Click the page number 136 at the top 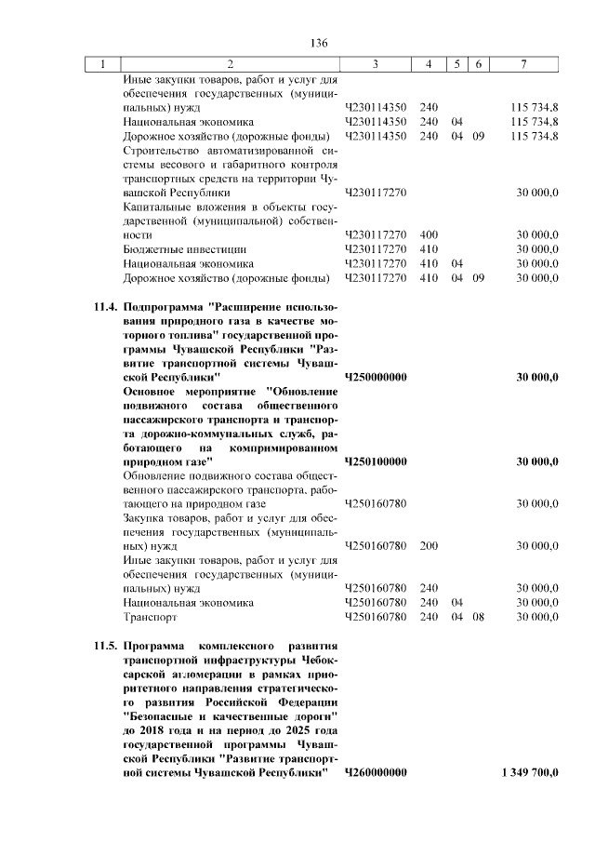321,43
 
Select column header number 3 374,64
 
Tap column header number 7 526,64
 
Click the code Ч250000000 376,377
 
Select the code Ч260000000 376,773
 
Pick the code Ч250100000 376,461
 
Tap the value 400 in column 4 429,235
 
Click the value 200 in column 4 429,546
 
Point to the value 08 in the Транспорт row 478,617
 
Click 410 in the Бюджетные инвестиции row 429,249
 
